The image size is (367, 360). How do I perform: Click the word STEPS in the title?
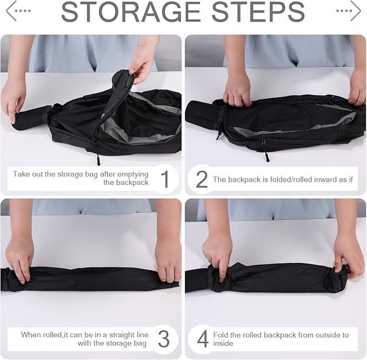pyautogui.click(x=258, y=12)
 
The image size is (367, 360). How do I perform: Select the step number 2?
pyautogui.click(x=202, y=179)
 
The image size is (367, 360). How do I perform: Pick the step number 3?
pyautogui.click(x=164, y=339)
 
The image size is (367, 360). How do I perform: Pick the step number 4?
pyautogui.click(x=203, y=339)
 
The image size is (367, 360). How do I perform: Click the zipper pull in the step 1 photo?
pyautogui.click(x=98, y=157)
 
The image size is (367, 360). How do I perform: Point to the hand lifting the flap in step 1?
pyautogui.click(x=142, y=62)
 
